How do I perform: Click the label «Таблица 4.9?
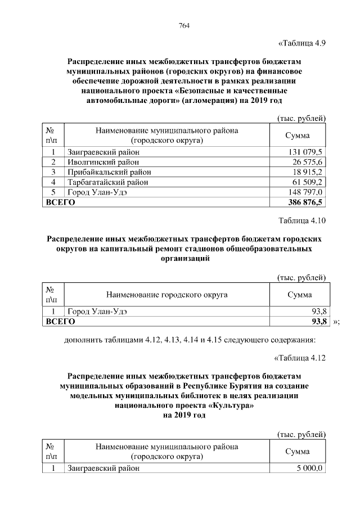tap(302, 43)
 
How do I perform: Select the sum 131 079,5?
tap(305, 152)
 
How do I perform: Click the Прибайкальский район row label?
tap(109, 172)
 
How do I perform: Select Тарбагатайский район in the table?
tap(108, 182)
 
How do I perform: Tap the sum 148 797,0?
tap(305, 192)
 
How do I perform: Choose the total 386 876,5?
tap(304, 202)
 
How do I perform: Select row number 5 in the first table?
tap(53, 192)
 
